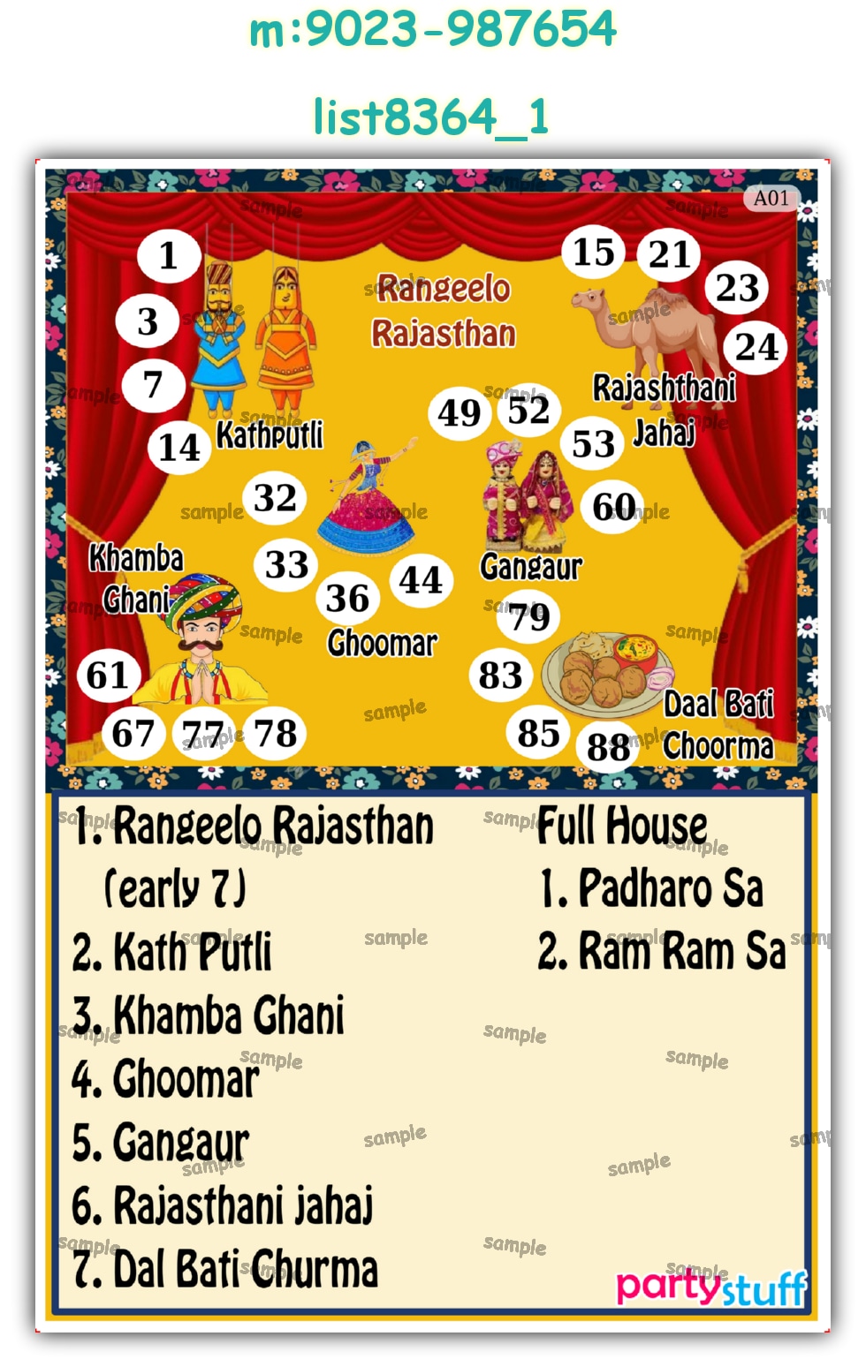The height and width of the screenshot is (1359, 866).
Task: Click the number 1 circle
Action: pyautogui.click(x=169, y=257)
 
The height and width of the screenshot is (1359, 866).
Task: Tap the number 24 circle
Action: pyautogui.click(x=756, y=347)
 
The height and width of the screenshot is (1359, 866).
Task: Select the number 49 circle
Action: pyautogui.click(x=460, y=413)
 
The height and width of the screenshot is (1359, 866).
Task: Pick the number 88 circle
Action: pyautogui.click(x=608, y=748)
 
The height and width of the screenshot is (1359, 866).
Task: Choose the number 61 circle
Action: pyautogui.click(x=108, y=676)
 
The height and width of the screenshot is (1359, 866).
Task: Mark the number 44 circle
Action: pyautogui.click(x=421, y=580)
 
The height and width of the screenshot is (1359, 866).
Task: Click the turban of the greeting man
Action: pyautogui.click(x=206, y=597)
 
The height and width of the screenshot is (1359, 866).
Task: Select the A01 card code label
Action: pyautogui.click(x=771, y=199)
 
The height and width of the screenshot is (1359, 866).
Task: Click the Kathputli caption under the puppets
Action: pyautogui.click(x=270, y=435)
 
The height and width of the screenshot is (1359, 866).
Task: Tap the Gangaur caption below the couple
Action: pyautogui.click(x=530, y=567)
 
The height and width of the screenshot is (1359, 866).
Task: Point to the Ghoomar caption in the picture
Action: pyautogui.click(x=382, y=644)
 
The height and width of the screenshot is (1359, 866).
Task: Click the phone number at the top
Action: pyautogui.click(x=432, y=29)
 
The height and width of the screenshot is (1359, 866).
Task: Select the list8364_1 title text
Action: pyautogui.click(x=432, y=117)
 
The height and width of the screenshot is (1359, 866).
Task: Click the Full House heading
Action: pyautogui.click(x=622, y=827)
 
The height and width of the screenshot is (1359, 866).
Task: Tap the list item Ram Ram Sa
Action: pyautogui.click(x=662, y=952)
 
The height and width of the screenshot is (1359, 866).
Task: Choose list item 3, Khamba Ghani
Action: pyautogui.click(x=209, y=1016)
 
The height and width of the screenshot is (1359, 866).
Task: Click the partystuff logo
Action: pyautogui.click(x=711, y=1287)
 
